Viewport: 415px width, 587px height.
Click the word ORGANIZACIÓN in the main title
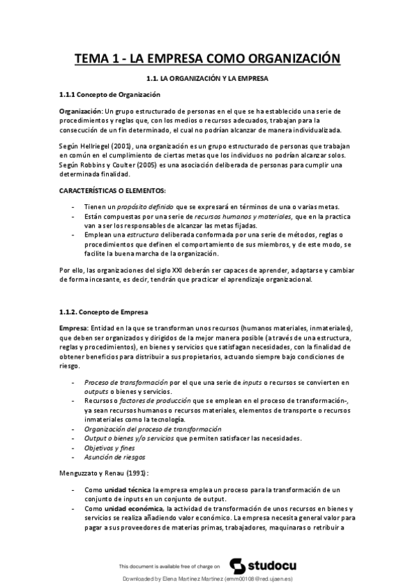coord(286,59)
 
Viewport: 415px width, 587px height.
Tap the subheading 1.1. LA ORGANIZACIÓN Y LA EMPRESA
coord(207,79)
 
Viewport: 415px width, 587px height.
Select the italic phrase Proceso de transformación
coord(126,382)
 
